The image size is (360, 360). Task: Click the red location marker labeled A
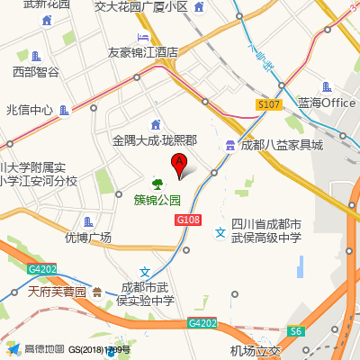178,165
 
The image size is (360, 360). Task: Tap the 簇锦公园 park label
157,200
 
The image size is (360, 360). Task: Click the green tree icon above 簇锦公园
157,184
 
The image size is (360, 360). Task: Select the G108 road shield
187,220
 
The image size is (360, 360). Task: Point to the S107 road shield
268,104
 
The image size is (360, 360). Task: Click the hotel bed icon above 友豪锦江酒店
143,37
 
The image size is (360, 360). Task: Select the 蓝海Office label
328,103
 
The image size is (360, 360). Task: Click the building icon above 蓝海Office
328,87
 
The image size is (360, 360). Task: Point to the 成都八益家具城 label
281,145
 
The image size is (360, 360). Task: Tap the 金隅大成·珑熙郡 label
154,140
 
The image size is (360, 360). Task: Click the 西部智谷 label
36,71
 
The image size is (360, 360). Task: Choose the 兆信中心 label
30,110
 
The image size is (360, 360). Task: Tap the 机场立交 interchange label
256,351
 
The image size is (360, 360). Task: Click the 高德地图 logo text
43,349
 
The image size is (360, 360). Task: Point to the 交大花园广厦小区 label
153,6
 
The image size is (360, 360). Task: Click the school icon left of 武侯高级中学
220,232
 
